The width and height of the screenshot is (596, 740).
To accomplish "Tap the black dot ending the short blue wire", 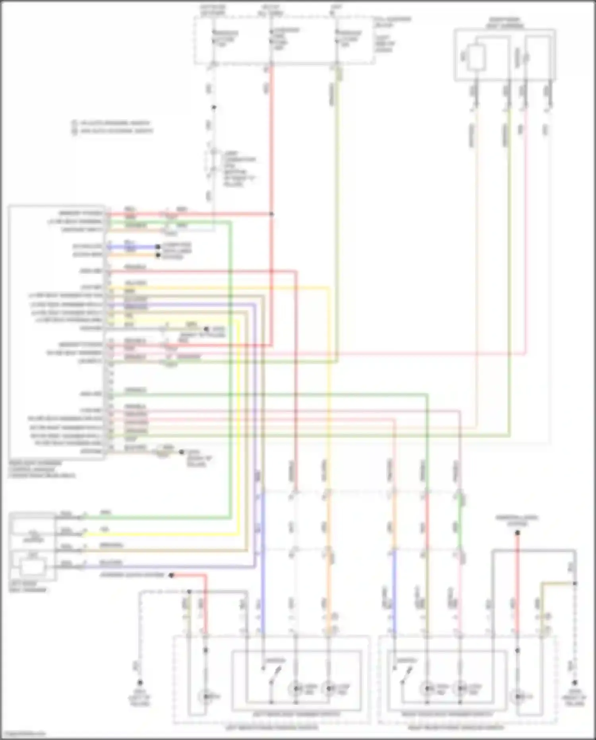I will click(x=158, y=247).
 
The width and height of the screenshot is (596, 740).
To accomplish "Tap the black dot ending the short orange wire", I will click(x=158, y=255).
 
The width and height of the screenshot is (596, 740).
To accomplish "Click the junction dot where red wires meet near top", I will click(x=272, y=214).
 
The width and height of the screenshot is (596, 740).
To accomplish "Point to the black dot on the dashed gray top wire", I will click(x=214, y=107).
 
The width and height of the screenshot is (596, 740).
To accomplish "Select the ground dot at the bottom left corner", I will click(x=140, y=682).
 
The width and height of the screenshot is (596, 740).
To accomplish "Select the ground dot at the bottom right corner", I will click(x=575, y=682).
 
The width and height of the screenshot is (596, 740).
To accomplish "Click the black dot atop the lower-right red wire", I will click(x=517, y=533).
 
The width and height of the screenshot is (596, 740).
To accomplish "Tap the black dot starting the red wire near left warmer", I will click(x=171, y=575).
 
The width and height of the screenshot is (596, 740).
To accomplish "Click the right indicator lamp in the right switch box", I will click(x=460, y=688).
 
